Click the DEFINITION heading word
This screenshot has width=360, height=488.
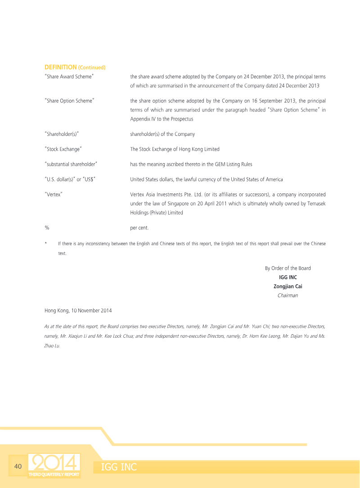(x=60, y=67)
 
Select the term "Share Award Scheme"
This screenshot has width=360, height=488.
(x=69, y=77)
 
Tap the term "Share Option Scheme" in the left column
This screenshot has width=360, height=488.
(x=69, y=101)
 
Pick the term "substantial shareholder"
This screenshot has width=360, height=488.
(x=72, y=165)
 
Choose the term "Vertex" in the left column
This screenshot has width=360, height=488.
(x=54, y=195)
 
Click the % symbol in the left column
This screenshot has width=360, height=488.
(x=47, y=228)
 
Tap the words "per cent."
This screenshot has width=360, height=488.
(x=139, y=228)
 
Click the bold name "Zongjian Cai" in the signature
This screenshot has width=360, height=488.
(x=288, y=287)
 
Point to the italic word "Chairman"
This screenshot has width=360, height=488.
(x=288, y=295)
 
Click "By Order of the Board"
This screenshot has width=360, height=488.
(x=288, y=269)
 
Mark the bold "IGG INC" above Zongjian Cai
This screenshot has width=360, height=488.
(x=288, y=278)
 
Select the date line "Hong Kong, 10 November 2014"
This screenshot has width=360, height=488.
(x=78, y=311)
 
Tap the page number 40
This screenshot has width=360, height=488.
(x=18, y=466)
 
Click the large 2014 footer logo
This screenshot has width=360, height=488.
(x=54, y=463)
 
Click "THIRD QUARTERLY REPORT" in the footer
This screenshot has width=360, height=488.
(x=54, y=475)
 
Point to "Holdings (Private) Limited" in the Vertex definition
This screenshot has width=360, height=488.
(x=157, y=213)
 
